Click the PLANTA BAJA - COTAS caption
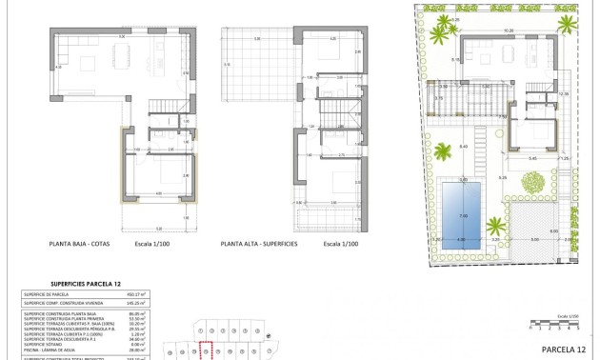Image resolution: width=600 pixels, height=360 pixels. (82, 244)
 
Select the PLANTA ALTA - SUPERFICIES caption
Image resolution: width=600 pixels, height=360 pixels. (259, 244)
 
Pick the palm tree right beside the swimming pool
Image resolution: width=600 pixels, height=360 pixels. (495, 227)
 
